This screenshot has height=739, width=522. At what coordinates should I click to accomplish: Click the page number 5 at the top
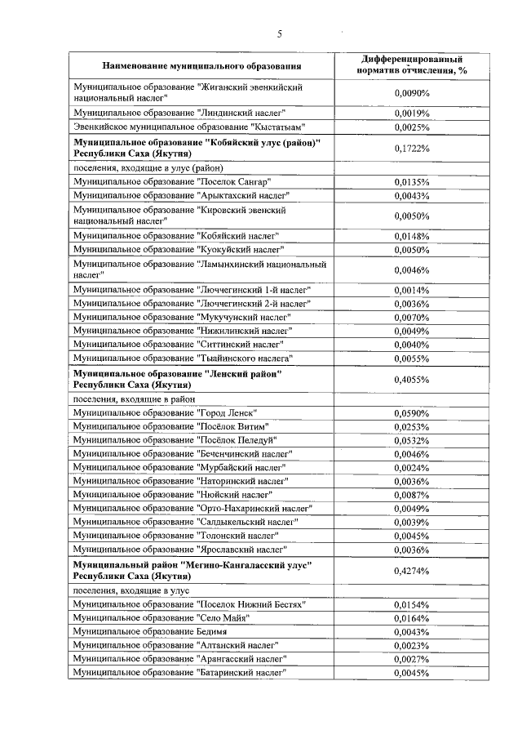coord(279,34)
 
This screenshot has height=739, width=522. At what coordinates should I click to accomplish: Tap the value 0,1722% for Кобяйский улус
coord(411,148)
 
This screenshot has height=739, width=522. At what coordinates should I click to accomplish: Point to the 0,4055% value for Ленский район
coord(411,379)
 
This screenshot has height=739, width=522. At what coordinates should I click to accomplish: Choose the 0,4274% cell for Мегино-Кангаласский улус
coord(411,570)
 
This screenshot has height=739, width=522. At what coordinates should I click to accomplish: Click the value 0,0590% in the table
coord(411,413)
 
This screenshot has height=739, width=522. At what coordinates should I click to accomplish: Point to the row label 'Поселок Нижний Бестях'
coord(188,604)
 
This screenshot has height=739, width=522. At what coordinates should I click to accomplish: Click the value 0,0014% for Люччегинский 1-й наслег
coord(411,290)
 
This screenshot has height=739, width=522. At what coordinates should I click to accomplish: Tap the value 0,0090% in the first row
coord(411,92)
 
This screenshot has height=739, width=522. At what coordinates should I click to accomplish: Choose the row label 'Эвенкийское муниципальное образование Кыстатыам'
coord(188,127)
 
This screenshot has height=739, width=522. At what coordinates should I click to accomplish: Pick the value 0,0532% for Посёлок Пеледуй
coord(411,440)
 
